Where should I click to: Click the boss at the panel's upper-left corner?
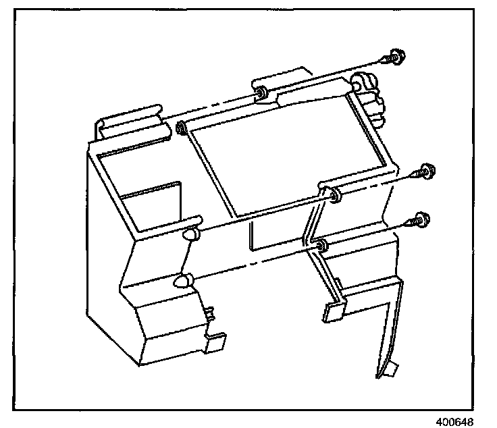181,128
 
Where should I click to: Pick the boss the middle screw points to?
336,196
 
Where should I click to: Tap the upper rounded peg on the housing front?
190,234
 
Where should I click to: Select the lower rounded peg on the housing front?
183,282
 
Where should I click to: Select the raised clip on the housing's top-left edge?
132,120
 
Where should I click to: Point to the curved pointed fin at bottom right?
385,324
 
